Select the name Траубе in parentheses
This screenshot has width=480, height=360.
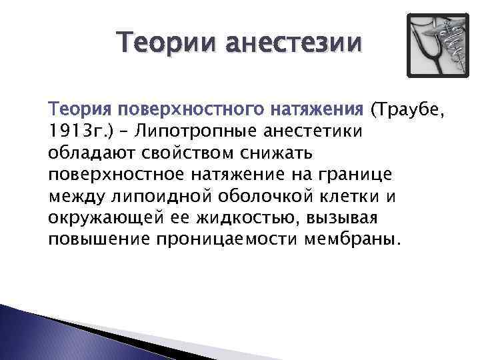click(409, 109)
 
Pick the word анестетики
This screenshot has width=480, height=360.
click(309, 131)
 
